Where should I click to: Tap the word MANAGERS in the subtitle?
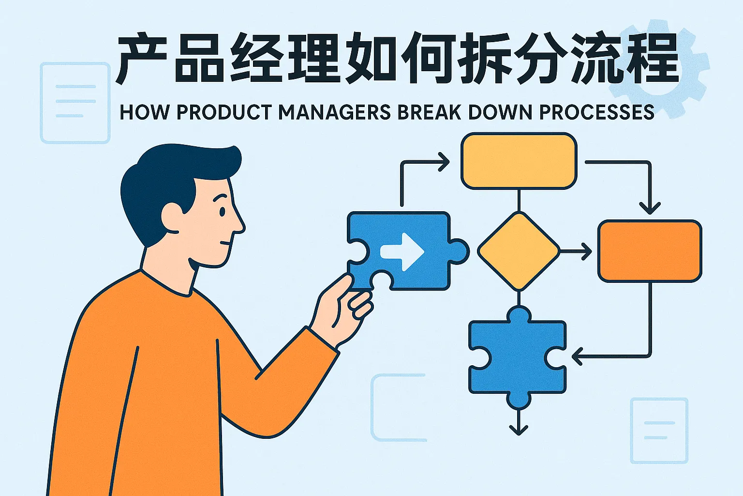(x=334, y=112)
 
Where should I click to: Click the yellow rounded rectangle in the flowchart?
(x=519, y=161)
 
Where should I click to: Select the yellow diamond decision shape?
(x=519, y=251)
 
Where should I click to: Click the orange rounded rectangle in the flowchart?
(x=650, y=251)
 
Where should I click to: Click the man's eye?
(x=222, y=212)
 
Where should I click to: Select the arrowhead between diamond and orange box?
(x=587, y=251)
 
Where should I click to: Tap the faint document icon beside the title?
(x=75, y=103)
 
